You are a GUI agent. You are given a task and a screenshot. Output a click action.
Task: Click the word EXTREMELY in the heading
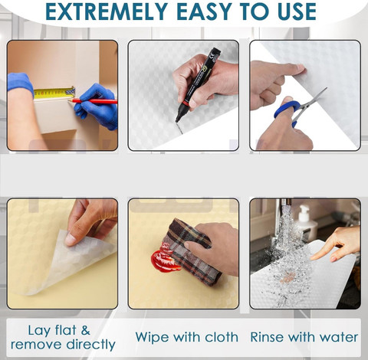click(107, 11)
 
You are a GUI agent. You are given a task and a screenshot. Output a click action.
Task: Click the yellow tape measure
click(54, 93)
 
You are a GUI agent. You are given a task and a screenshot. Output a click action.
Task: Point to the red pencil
click(93, 101)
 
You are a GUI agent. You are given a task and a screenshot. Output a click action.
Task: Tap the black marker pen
click(198, 85)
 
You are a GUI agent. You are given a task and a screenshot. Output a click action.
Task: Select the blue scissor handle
click(287, 110)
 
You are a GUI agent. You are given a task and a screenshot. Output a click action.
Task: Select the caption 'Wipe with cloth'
click(187, 337)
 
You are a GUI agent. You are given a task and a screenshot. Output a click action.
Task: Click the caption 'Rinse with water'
click(304, 337)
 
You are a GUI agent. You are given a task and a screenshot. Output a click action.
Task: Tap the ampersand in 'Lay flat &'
click(86, 330)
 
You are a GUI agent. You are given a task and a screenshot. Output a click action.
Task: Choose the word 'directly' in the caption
click(90, 345)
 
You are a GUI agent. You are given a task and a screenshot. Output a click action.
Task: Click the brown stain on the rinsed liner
click(288, 278)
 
